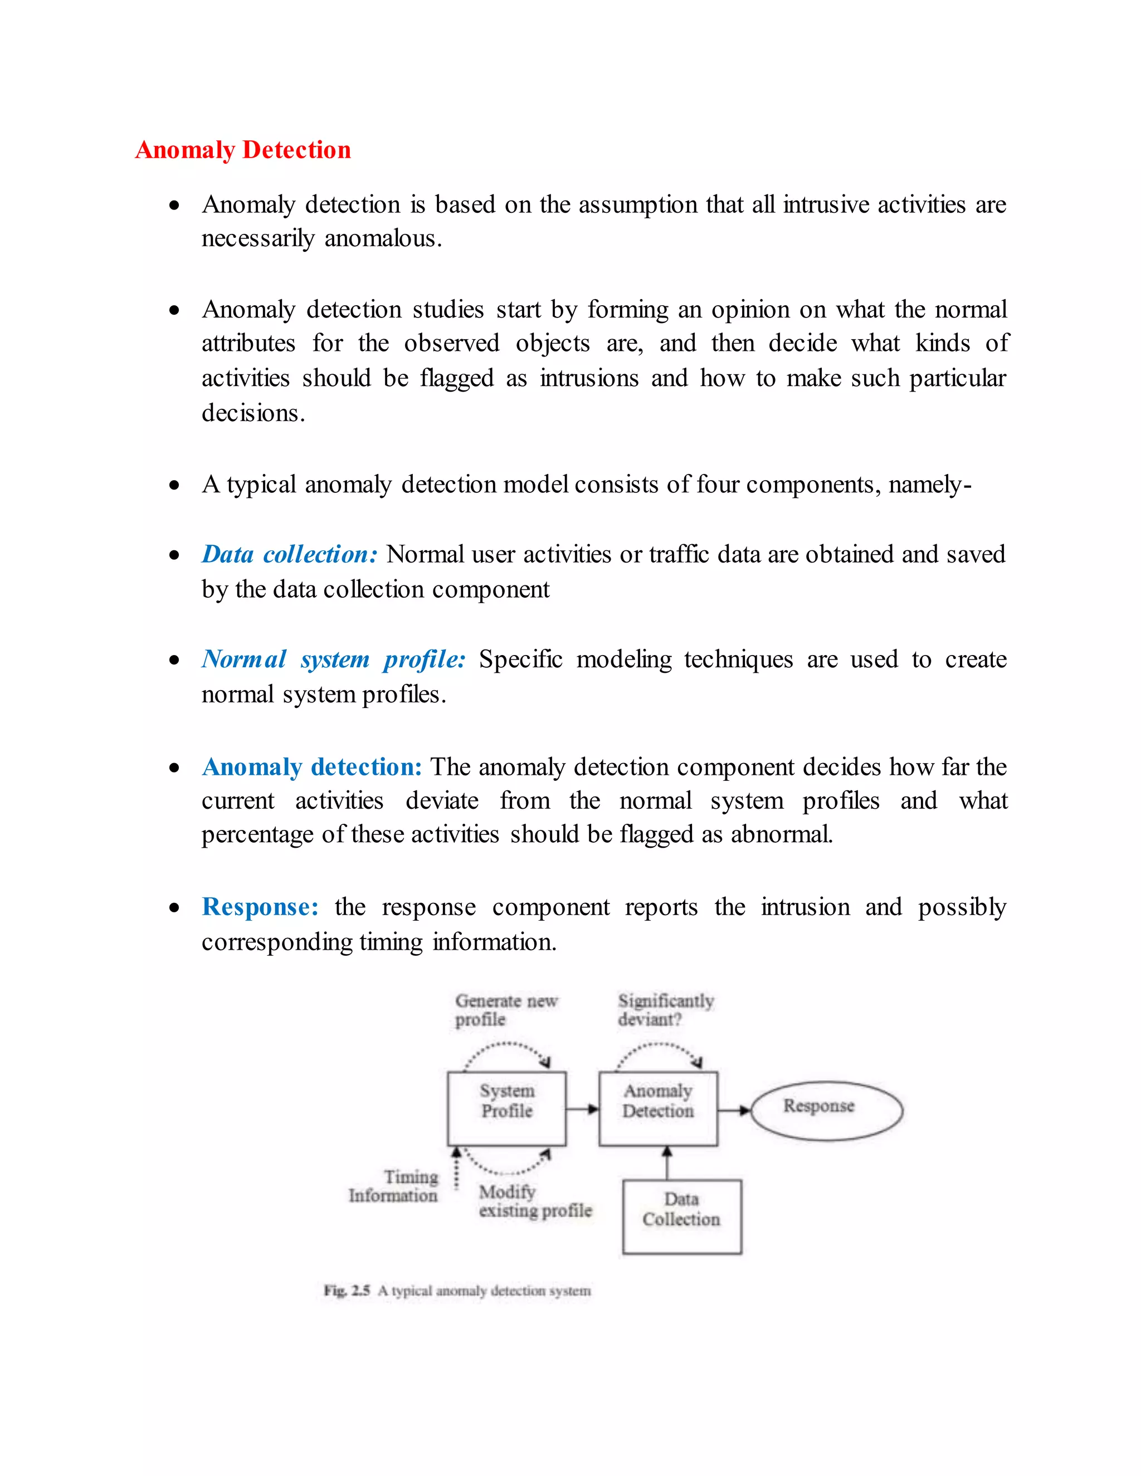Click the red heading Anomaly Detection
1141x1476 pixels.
[x=243, y=149]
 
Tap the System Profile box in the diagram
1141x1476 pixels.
[x=506, y=1108]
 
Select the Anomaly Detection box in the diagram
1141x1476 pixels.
[x=658, y=1108]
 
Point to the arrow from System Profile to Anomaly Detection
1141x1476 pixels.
[x=582, y=1109]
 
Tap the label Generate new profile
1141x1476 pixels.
[x=506, y=1010]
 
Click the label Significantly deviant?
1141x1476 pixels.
[x=665, y=1010]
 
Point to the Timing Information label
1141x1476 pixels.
[x=393, y=1186]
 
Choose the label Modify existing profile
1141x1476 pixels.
[x=535, y=1201]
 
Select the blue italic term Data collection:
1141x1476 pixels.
[x=289, y=554]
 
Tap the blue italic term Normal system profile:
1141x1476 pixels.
[x=333, y=659]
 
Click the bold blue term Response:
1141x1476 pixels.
[x=260, y=907]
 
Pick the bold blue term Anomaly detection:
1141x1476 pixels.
[x=311, y=767]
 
